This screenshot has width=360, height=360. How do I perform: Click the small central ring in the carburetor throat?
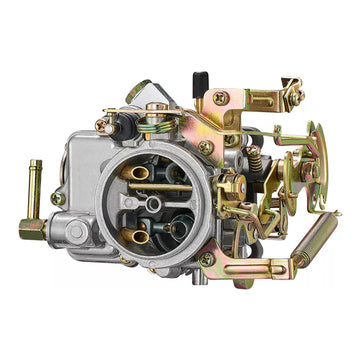154,206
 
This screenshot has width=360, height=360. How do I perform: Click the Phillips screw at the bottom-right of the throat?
204,259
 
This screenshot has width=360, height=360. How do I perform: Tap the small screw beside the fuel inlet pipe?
58,198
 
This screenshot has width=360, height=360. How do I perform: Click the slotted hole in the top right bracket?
262,100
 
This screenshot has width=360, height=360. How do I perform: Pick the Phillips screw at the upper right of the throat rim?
205,147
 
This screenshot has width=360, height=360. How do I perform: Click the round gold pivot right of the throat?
226,184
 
